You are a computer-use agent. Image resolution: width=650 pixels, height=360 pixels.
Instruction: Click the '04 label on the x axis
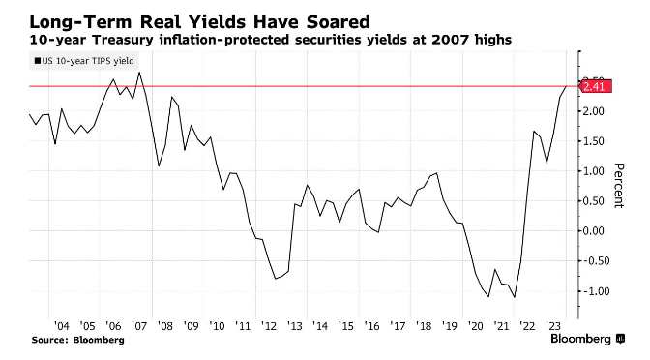point(60,327)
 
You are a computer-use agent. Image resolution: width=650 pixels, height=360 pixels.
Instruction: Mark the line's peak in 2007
point(140,73)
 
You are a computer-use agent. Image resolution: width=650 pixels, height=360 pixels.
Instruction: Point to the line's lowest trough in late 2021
point(515,297)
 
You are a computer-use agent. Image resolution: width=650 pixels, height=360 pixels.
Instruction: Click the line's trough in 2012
point(276,279)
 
